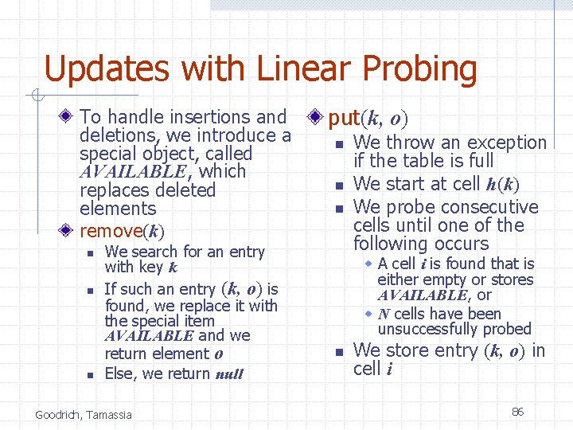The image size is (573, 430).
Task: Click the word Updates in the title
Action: pos(107,70)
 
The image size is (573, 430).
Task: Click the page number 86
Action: pos(517,412)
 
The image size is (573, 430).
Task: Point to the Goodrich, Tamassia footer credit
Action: pos(84,414)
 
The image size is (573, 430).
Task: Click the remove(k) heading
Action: pos(122,232)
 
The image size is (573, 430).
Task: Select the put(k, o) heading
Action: pos(368,119)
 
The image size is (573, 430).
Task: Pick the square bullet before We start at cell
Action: pos(338,186)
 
